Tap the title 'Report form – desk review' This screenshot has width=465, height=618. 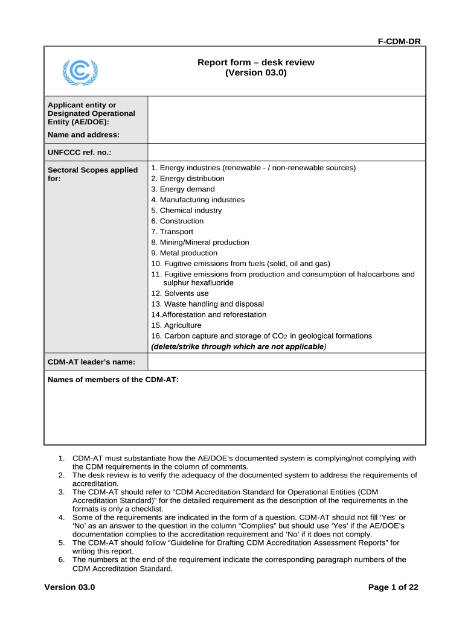[256, 62]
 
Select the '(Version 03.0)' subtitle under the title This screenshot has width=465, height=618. [256, 73]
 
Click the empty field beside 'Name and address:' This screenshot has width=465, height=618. [286, 119]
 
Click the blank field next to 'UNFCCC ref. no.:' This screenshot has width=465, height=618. [286, 152]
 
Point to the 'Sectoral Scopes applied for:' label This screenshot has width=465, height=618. [92, 174]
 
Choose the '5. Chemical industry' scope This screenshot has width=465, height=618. [187, 211]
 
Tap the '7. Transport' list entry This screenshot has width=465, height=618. [172, 232]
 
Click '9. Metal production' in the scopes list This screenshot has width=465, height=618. [184, 253]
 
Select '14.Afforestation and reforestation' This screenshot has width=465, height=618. [208, 314]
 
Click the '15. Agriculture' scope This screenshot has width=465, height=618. [176, 325]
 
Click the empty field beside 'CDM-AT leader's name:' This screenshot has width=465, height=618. [286, 362]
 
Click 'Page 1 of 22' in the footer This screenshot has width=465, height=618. [393, 587]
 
